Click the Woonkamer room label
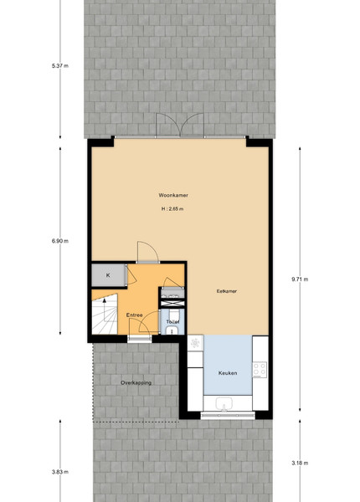[173, 195]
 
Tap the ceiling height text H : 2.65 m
[172, 208]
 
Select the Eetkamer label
[227, 291]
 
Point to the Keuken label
[228, 373]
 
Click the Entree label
[134, 315]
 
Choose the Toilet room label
[172, 322]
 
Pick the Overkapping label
[136, 382]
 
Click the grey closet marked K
[108, 275]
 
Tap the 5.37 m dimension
[60, 66]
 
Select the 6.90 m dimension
[60, 241]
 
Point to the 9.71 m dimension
[300, 279]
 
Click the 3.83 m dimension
[60, 472]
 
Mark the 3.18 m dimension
[300, 463]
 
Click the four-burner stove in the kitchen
[260, 370]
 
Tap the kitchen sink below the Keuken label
[224, 404]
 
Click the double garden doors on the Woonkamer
[180, 125]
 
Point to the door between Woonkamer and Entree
[148, 252]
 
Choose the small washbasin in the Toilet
[172, 331]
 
